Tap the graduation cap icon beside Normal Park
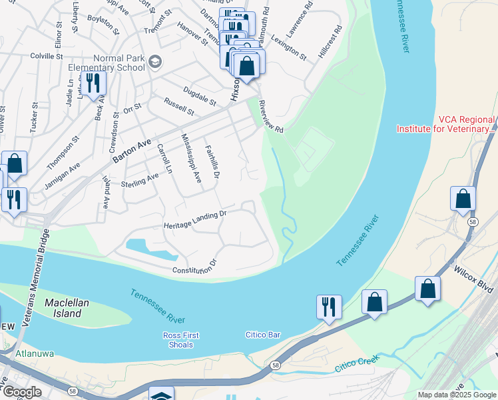155,62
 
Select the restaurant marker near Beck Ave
93,84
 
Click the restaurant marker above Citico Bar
329,307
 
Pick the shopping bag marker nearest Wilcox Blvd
427,289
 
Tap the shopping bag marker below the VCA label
463,199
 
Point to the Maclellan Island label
67,307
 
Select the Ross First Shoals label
180,340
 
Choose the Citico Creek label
357,363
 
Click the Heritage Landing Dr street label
196,221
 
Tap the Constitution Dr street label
195,267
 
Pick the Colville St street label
41,57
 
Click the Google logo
23,393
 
